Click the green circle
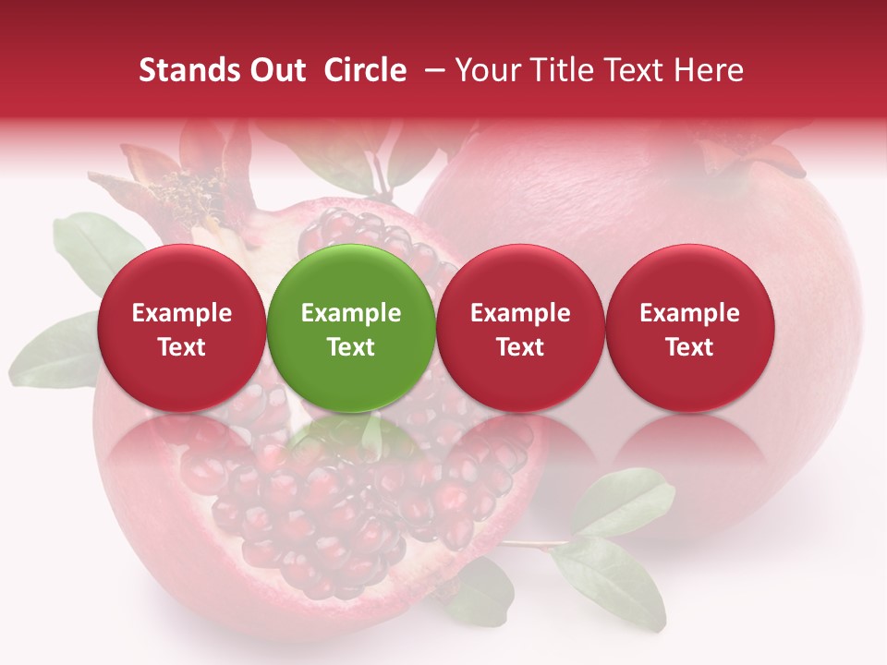(x=351, y=327)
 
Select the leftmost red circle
(x=182, y=327)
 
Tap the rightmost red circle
(x=690, y=327)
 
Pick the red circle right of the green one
(x=520, y=327)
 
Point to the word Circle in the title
(x=365, y=70)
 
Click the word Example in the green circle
(x=351, y=313)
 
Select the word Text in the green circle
(x=351, y=347)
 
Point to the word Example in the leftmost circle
(x=182, y=313)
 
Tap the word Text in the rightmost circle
(x=690, y=347)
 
